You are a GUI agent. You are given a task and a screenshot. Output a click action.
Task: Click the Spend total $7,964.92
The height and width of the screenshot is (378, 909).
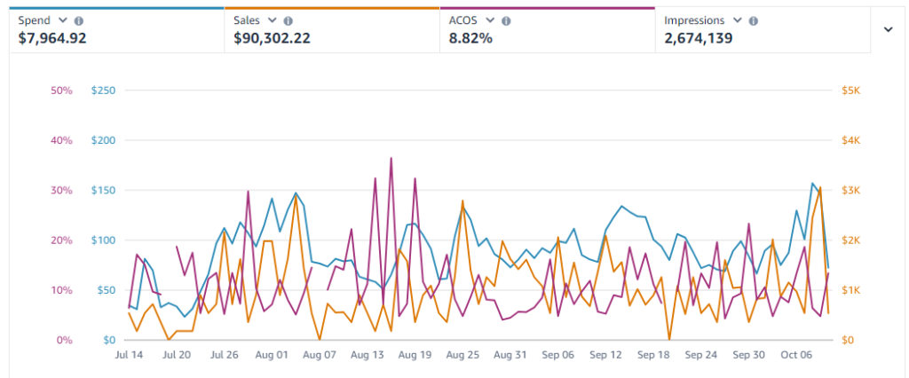point(52,38)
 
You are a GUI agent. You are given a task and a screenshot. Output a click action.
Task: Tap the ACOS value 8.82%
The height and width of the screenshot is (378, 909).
point(471,38)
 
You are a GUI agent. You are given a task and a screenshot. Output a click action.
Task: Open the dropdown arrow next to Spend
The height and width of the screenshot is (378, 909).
point(62,20)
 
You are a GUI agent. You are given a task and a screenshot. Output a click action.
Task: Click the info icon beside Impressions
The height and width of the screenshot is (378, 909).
point(754,20)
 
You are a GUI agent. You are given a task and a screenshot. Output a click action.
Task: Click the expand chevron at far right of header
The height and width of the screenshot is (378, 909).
point(888,28)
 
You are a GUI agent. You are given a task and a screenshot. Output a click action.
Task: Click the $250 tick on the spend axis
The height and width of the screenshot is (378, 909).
point(105,91)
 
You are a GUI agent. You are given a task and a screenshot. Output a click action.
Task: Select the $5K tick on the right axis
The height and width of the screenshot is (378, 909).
point(851,91)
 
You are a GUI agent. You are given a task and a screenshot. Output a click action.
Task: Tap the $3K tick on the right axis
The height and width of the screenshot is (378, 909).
point(851,191)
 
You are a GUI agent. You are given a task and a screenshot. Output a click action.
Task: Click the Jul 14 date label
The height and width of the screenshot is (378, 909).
point(130,355)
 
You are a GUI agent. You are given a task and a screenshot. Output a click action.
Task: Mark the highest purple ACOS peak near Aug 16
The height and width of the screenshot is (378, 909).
point(391,158)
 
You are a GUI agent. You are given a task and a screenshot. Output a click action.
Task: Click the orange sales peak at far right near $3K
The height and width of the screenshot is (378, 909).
point(820,187)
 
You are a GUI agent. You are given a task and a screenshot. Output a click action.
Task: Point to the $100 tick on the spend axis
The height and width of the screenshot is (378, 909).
point(105,240)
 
